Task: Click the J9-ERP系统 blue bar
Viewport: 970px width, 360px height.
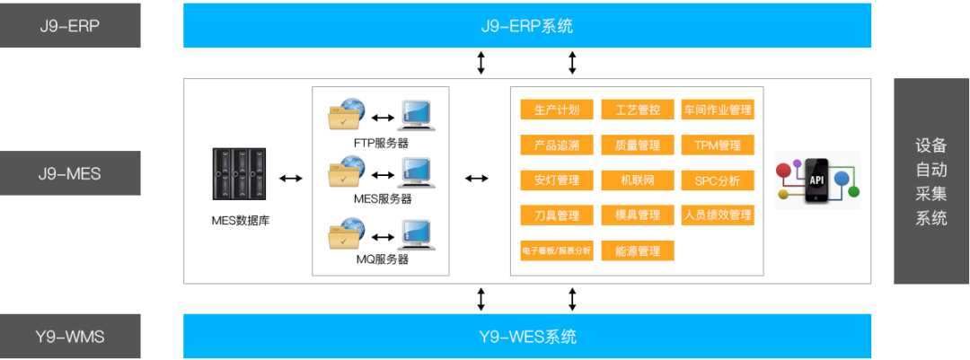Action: coord(526,25)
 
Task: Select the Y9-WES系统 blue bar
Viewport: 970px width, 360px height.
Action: coord(526,337)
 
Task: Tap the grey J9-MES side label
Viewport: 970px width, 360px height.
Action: coord(70,173)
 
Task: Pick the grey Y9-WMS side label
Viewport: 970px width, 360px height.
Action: coord(70,337)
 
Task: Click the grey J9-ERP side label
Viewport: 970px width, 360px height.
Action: coord(70,25)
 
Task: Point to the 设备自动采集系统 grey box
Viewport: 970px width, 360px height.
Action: coord(930,181)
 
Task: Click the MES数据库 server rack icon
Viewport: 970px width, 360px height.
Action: coord(240,174)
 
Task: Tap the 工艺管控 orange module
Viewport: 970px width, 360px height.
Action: coord(637,110)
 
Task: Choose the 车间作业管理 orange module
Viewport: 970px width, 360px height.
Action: coord(717,110)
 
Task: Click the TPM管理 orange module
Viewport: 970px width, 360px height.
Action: coord(717,145)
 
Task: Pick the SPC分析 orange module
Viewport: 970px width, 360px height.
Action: coord(717,180)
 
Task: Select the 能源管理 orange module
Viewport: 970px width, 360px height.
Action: coord(637,250)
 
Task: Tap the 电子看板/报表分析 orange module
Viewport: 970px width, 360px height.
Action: coord(556,250)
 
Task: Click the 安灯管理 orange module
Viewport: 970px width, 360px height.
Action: coord(556,180)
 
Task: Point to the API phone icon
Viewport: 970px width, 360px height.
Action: coord(816,179)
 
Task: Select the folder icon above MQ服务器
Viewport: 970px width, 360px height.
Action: coord(347,235)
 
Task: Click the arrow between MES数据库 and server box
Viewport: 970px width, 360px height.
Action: coord(290,179)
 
